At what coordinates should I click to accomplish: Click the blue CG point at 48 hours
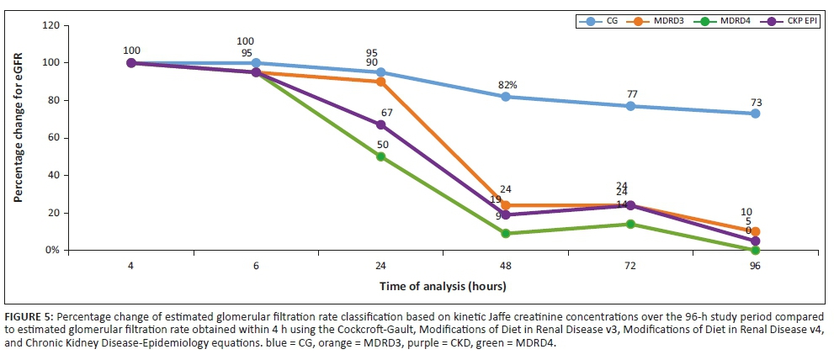(505, 97)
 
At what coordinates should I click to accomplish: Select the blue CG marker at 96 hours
(755, 114)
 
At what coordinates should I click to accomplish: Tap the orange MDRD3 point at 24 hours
(380, 82)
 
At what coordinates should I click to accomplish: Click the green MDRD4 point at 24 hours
(380, 156)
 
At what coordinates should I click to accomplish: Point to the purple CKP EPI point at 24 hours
(380, 124)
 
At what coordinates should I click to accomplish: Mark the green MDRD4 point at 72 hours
(630, 224)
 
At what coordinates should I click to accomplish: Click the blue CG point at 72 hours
(630, 106)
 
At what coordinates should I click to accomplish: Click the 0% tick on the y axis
(51, 250)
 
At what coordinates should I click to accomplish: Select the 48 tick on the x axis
(505, 265)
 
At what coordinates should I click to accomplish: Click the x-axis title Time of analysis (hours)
(443, 286)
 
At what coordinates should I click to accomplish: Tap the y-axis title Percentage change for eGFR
(18, 137)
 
